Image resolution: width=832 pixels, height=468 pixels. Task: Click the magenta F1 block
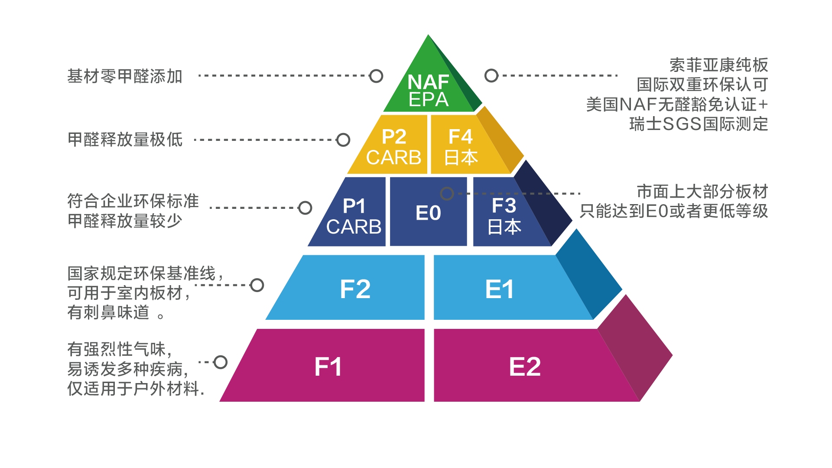pyautogui.click(x=328, y=367)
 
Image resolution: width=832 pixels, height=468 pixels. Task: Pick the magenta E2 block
pyautogui.click(x=524, y=367)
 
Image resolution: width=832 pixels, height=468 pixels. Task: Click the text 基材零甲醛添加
pyautogui.click(x=125, y=76)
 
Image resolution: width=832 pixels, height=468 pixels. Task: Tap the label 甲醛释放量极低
pyautogui.click(x=125, y=140)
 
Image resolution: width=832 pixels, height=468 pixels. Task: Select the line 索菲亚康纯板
pyautogui.click(x=718, y=65)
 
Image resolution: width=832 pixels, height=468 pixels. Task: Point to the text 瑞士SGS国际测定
pyautogui.click(x=698, y=124)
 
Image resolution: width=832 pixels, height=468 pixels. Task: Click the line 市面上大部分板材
pyautogui.click(x=702, y=191)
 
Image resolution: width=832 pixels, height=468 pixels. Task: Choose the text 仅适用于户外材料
pyautogui.click(x=135, y=389)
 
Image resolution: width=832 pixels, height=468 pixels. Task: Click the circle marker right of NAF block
pyautogui.click(x=491, y=75)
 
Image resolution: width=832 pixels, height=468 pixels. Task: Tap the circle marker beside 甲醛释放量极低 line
pyautogui.click(x=343, y=140)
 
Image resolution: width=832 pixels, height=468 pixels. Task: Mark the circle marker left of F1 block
pyautogui.click(x=220, y=362)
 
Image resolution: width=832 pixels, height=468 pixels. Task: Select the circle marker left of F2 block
pyautogui.click(x=257, y=285)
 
